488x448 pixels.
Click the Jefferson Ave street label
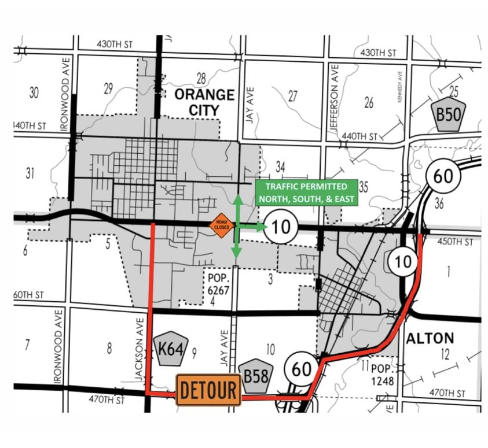click(x=334, y=99)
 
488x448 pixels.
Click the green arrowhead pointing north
click(x=236, y=200)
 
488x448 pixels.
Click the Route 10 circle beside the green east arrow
click(x=281, y=227)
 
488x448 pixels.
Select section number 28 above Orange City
click(x=201, y=78)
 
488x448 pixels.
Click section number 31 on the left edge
click(x=31, y=172)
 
